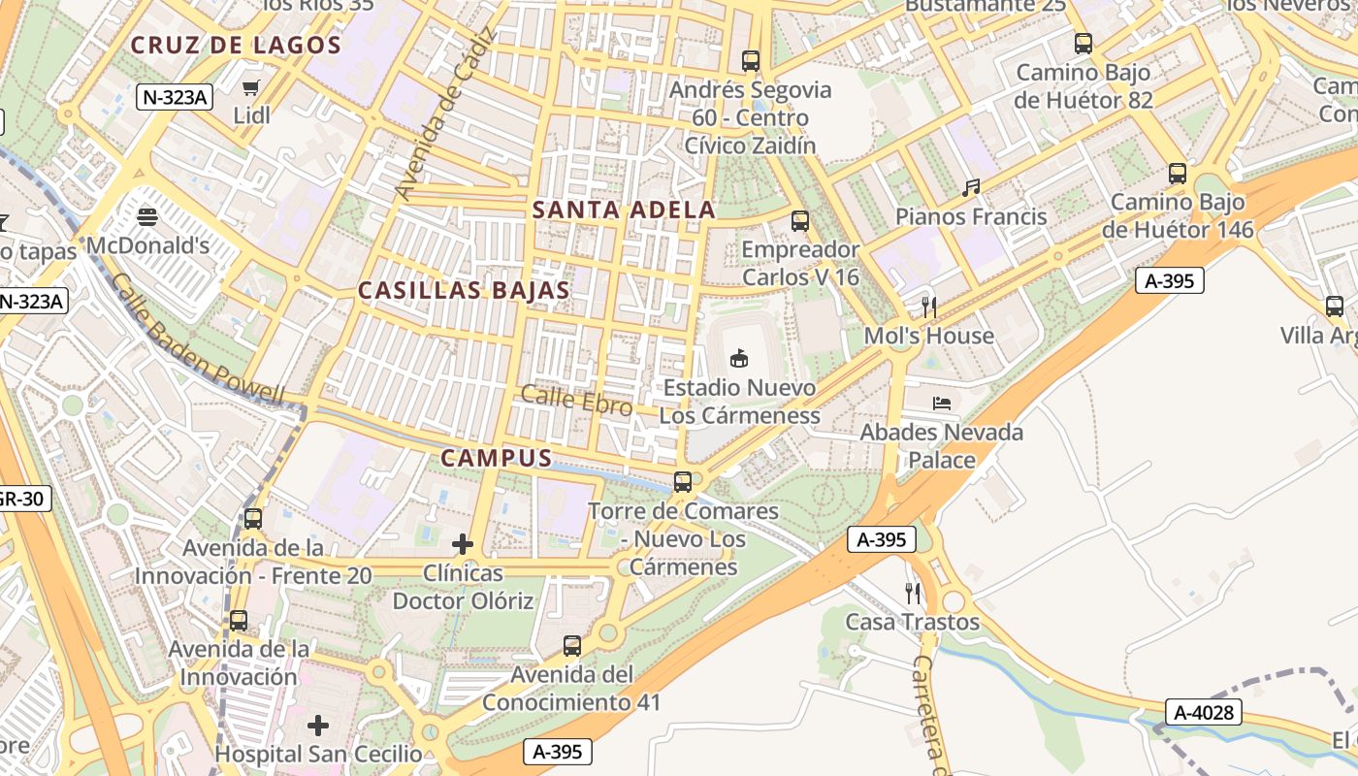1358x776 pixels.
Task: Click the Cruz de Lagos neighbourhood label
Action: (x=236, y=45)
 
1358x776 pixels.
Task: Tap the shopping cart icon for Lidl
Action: (x=251, y=88)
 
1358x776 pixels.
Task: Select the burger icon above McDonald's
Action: (x=147, y=216)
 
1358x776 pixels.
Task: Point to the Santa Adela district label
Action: (x=624, y=210)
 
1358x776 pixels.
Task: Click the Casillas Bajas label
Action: (x=464, y=290)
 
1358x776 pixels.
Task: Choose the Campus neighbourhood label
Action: (x=497, y=459)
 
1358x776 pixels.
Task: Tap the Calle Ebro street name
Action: (x=576, y=400)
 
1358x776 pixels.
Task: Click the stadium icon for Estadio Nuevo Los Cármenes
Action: (x=739, y=359)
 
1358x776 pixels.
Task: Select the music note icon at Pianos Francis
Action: (x=971, y=188)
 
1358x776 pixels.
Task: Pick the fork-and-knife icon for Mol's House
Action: (x=929, y=307)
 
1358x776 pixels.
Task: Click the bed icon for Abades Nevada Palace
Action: (x=941, y=403)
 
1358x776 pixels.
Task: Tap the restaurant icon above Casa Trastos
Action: (x=912, y=593)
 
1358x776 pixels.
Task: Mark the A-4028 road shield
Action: (x=1204, y=713)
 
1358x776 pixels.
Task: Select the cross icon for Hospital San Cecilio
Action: (x=318, y=725)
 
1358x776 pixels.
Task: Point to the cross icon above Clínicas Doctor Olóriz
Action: (x=463, y=544)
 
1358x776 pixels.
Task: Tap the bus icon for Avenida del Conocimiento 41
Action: (x=572, y=645)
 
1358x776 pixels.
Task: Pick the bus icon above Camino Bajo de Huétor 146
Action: (x=1178, y=174)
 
